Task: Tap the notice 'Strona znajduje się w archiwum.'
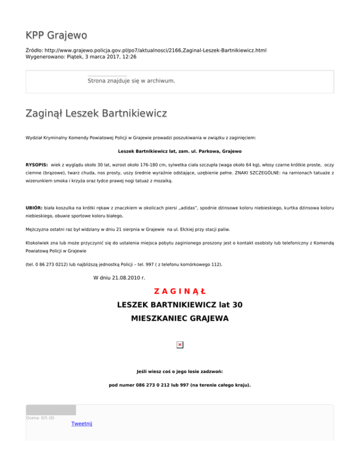point(131,81)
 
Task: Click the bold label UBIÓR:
point(35,208)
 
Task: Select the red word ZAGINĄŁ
point(180,292)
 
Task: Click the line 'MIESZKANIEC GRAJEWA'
point(180,319)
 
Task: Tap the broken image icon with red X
point(180,345)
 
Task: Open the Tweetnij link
point(82,424)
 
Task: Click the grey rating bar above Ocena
point(51,410)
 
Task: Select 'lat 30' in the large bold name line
point(231,305)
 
